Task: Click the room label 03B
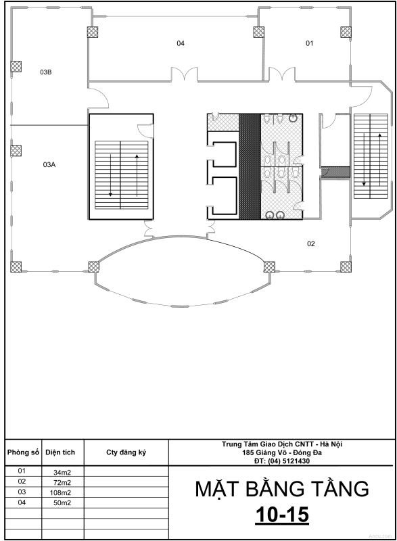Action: point(46,72)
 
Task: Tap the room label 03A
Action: point(49,164)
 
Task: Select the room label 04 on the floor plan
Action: point(181,43)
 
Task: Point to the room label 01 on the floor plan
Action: point(309,43)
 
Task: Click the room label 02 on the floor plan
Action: point(311,244)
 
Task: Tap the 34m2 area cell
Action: point(62,472)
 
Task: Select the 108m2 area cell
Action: point(60,493)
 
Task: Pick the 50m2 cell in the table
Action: point(62,503)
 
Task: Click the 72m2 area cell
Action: point(62,482)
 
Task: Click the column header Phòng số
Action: point(23,452)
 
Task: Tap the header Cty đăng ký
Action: point(126,452)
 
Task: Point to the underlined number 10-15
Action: point(282,515)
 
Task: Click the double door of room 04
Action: point(185,74)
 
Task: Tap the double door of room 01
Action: point(282,74)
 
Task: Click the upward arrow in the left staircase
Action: point(137,176)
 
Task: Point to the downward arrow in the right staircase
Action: point(364,160)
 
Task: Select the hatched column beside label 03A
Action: point(16,151)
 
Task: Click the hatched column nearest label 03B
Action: point(16,66)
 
